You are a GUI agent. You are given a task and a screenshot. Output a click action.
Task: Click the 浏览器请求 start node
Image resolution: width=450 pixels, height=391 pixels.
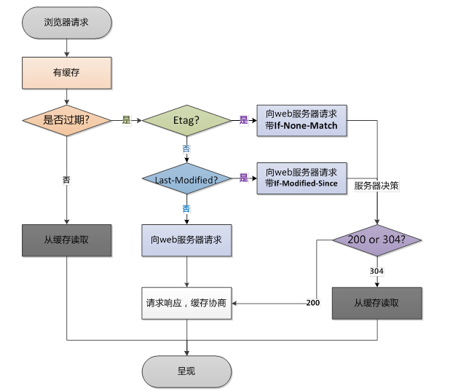pos(66,22)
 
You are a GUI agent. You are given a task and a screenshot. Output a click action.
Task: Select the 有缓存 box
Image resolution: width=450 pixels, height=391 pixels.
pos(66,72)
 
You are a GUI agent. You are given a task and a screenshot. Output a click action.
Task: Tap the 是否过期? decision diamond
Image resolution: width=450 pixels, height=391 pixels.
pos(66,120)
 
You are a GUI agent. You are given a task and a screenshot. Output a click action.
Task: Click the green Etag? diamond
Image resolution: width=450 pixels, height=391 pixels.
pos(186,120)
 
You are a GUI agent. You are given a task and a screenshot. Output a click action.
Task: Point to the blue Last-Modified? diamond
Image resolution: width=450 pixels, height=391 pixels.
pos(186,178)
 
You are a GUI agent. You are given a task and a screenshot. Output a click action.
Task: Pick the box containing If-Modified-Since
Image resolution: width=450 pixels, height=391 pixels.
pos(301,178)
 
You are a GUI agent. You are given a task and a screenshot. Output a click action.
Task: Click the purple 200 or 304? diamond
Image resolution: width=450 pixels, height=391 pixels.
pos(376,240)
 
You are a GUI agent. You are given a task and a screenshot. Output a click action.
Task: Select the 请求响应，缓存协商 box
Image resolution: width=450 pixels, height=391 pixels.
pos(187,302)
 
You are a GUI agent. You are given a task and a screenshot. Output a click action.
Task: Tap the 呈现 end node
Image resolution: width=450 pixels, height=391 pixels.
pos(186,371)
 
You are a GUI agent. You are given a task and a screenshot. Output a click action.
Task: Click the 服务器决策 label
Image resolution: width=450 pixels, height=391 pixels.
pos(376,186)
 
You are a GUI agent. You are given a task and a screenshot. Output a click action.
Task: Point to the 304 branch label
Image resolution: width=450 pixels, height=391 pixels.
pos(376,271)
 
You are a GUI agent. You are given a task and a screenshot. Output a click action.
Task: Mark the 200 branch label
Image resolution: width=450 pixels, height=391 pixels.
pos(312,302)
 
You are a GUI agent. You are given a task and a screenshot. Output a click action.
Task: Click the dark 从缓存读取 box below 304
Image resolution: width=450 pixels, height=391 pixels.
pos(376,302)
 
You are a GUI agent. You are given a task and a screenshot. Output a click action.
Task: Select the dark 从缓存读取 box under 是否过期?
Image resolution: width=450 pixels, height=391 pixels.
pos(66,240)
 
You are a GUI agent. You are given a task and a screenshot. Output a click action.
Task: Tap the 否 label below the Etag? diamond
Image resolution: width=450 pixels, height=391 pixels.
pos(186,149)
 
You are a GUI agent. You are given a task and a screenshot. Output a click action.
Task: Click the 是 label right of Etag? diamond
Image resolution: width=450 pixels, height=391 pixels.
pos(244,120)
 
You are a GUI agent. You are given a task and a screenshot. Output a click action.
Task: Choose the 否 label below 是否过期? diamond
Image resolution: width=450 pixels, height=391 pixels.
pos(66,178)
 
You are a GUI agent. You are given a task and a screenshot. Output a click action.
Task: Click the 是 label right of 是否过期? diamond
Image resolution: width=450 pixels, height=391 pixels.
pos(126,120)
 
